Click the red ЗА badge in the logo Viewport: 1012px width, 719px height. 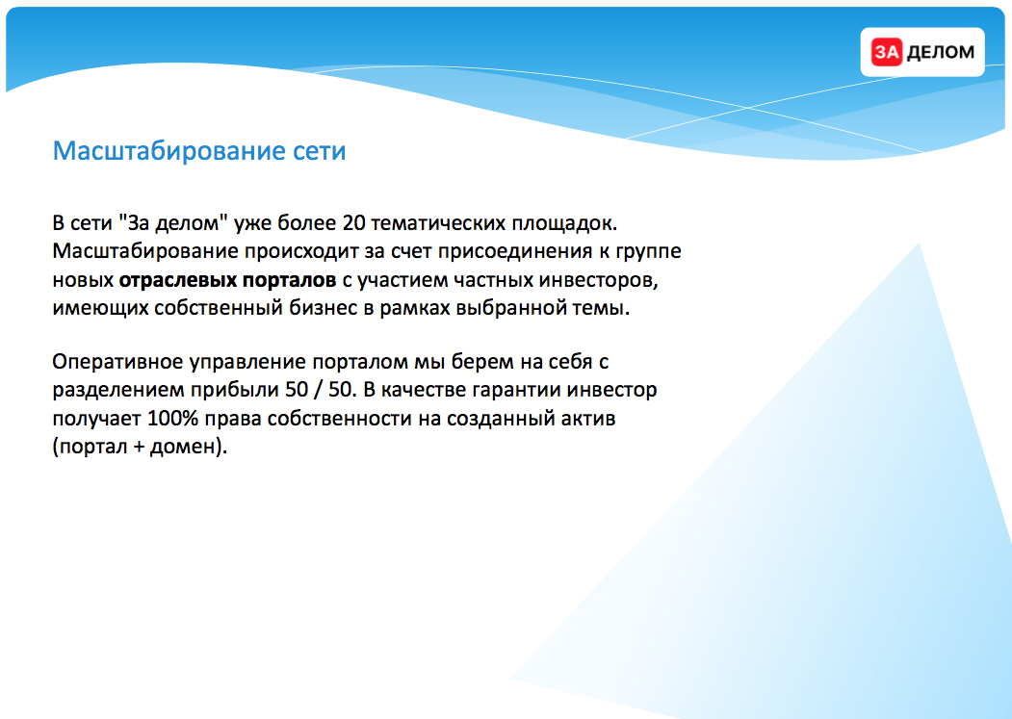click(886, 52)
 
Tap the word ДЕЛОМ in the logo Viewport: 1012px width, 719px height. click(941, 52)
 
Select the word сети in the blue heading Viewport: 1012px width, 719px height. click(320, 151)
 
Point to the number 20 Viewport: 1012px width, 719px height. click(353, 223)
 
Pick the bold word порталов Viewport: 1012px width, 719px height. click(290, 280)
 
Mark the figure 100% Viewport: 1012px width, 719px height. click(172, 419)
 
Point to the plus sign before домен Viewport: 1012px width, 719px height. click(139, 448)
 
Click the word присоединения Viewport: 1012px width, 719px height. click(515, 252)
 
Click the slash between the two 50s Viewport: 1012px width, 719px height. click(317, 391)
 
